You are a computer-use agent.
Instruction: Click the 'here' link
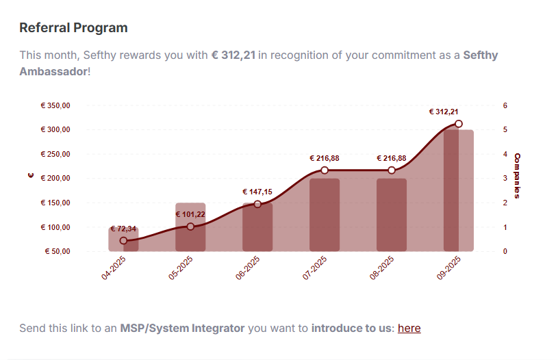click(x=409, y=329)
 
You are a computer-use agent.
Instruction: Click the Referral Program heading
click(x=73, y=28)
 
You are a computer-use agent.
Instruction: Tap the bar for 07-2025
click(x=325, y=215)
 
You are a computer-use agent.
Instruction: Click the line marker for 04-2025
click(x=123, y=241)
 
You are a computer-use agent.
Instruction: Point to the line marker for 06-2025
click(x=257, y=204)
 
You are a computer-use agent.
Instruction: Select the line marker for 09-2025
click(x=459, y=124)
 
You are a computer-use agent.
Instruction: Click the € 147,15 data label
click(x=257, y=192)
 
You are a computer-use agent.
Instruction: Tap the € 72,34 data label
click(x=123, y=229)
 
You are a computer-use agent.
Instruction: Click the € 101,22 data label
click(x=190, y=214)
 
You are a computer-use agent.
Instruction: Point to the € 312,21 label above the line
click(x=444, y=112)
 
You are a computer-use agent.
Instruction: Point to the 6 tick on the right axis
click(x=505, y=105)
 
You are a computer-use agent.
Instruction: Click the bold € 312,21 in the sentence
click(x=233, y=55)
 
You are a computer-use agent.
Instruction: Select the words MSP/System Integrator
click(x=182, y=329)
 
